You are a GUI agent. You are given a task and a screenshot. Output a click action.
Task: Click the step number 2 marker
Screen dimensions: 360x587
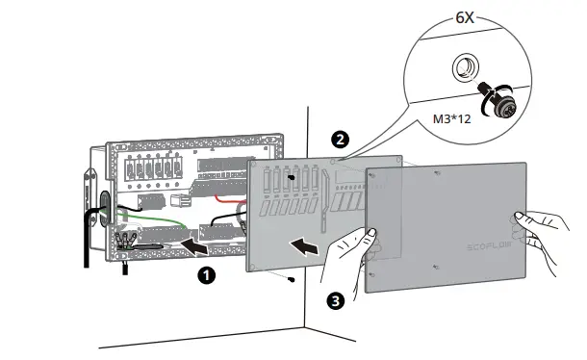[x=338, y=139]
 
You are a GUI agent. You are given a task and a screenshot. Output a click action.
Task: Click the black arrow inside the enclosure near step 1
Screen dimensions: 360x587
[x=196, y=248]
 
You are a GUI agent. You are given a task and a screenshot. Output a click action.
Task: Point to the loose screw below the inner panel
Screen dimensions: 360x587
[x=291, y=280]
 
